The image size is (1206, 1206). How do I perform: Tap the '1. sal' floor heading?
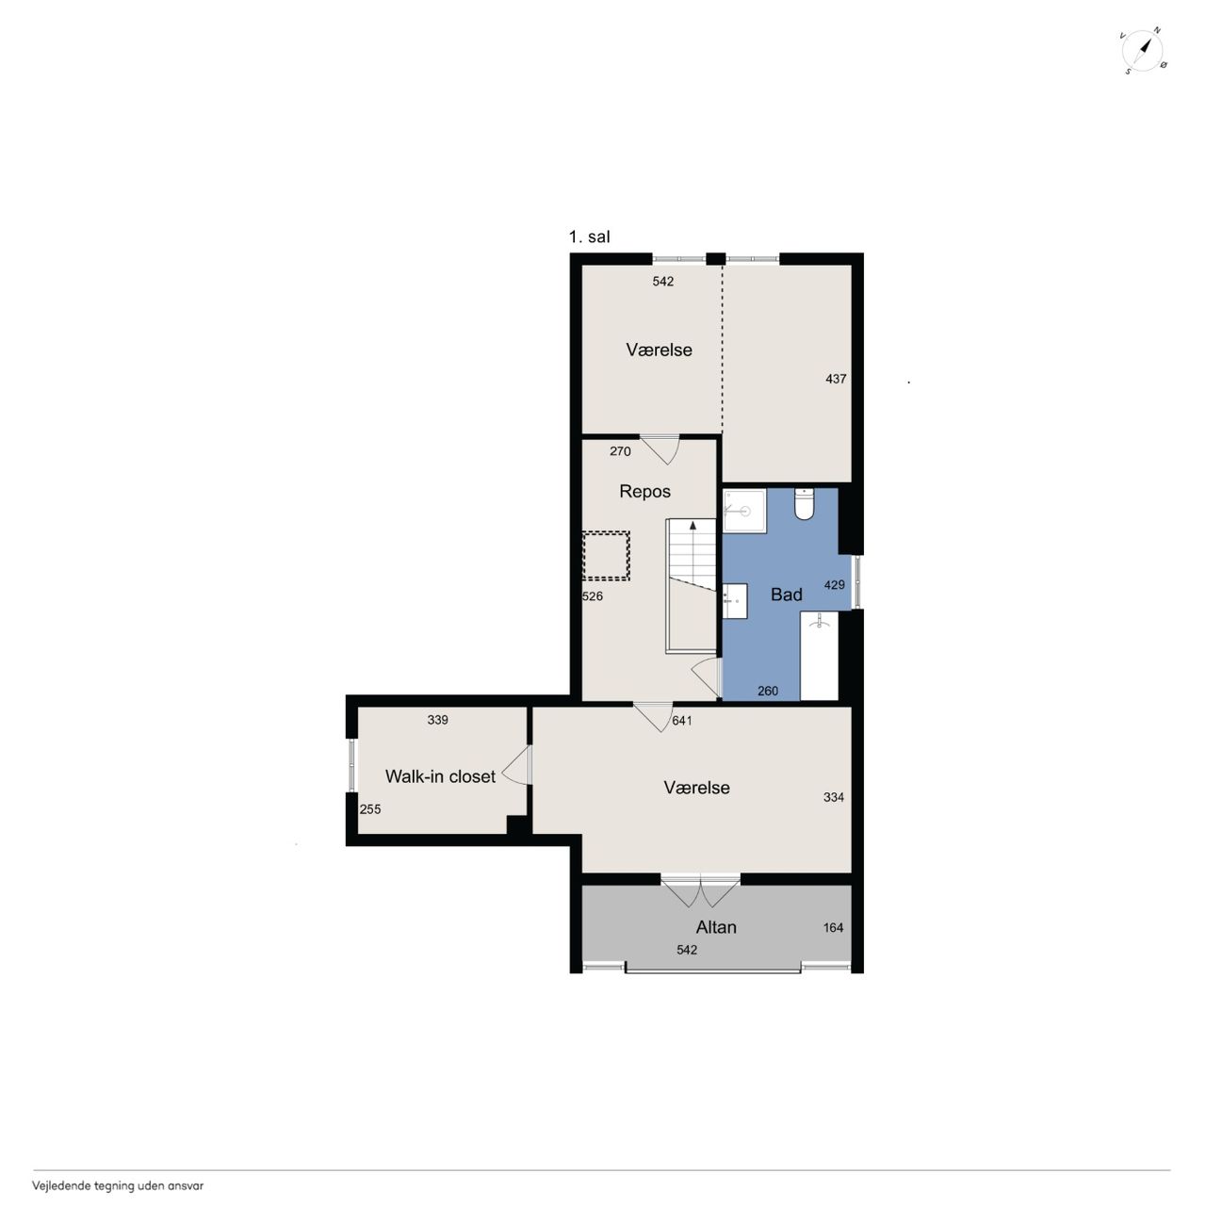point(589,237)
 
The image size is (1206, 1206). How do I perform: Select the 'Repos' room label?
point(644,491)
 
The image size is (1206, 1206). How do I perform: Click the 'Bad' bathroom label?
point(786,594)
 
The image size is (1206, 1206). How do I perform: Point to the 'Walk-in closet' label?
point(440,776)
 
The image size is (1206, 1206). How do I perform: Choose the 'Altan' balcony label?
point(716,927)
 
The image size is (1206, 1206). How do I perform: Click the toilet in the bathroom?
point(804,504)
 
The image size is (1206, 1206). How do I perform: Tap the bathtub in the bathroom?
point(819,656)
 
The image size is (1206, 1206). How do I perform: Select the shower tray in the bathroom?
point(744,511)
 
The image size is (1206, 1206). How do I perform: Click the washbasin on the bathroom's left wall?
point(735,601)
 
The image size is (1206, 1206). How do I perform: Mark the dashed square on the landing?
point(606,556)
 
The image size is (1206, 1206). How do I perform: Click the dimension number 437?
point(836,379)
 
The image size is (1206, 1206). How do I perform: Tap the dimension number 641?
point(681,721)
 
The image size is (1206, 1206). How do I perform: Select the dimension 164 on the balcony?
point(833,927)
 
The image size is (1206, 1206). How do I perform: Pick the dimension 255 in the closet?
point(370,809)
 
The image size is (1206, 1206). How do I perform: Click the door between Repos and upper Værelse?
point(660,448)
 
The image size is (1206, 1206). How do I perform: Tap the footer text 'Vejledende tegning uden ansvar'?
point(118,1185)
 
